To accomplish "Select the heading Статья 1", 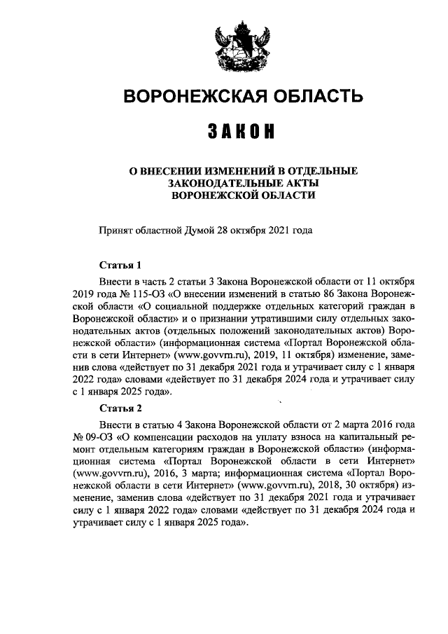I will tap(120, 266).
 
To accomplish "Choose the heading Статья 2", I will tap(120, 408).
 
